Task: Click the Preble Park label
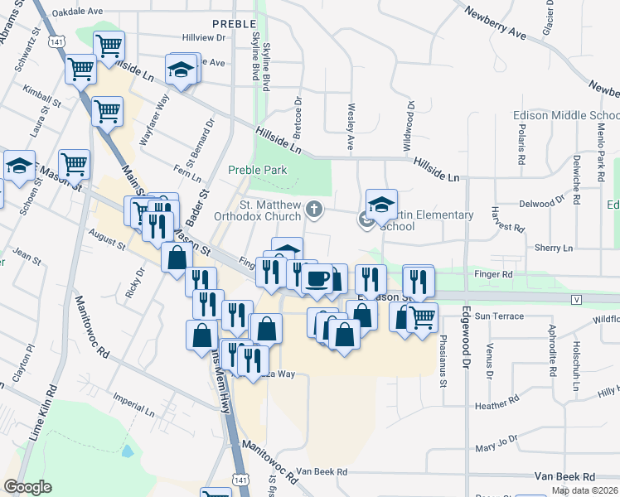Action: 257,170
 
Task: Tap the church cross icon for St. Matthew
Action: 313,210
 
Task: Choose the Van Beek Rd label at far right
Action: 564,477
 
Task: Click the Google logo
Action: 27,487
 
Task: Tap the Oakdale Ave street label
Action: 77,12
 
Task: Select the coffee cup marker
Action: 316,278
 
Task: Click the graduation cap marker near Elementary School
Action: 381,205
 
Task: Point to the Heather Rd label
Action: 497,405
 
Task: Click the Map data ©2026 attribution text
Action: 584,490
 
